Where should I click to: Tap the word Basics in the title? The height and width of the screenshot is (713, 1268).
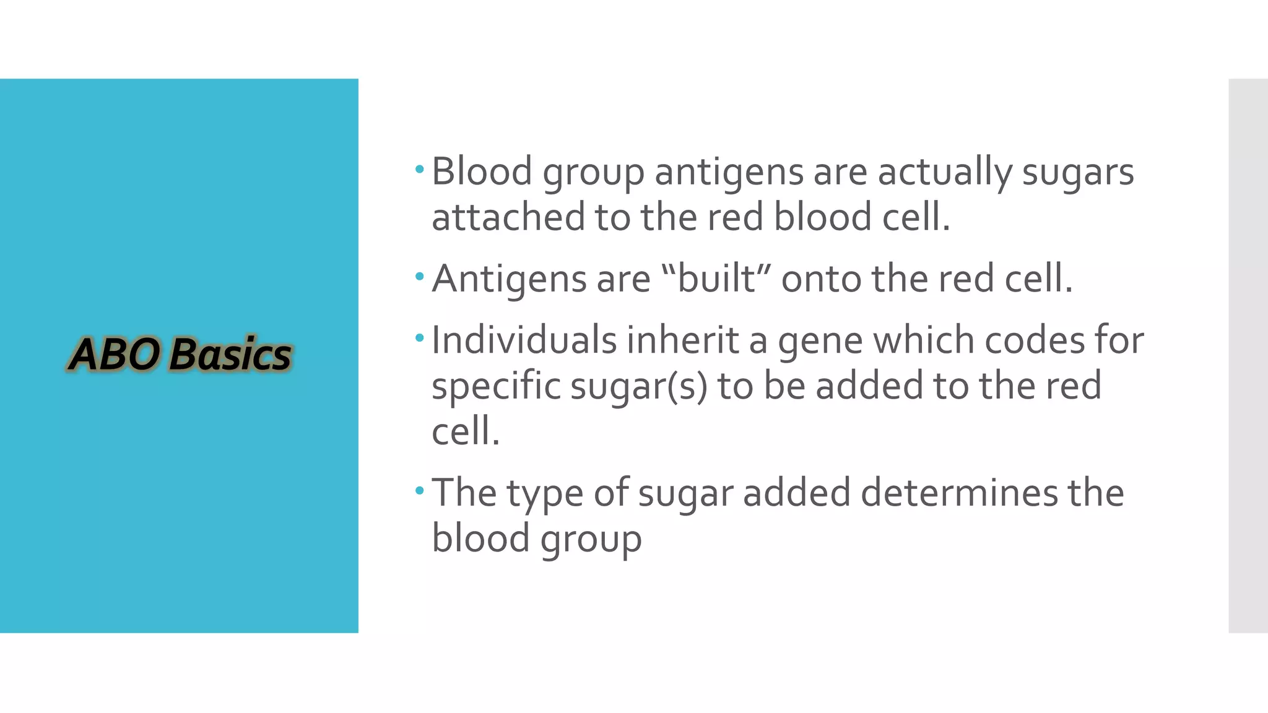click(x=230, y=355)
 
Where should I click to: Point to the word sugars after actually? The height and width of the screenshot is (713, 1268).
click(x=1077, y=173)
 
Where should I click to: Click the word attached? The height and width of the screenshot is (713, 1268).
click(x=508, y=217)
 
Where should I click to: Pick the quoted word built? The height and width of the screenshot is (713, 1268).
click(x=716, y=279)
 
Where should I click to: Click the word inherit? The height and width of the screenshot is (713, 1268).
click(x=682, y=340)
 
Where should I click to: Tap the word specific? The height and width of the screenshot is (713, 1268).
click(x=495, y=386)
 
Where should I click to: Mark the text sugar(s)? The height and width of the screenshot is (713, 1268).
click(x=638, y=386)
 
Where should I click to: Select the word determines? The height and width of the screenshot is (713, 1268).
click(x=959, y=493)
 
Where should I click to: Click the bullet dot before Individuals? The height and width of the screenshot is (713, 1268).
click(x=419, y=338)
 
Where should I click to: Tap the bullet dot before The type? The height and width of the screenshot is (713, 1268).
click(x=419, y=491)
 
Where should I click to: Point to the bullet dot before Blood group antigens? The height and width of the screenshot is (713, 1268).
click(x=419, y=169)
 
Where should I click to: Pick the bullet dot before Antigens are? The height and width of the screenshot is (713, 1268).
click(x=419, y=276)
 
